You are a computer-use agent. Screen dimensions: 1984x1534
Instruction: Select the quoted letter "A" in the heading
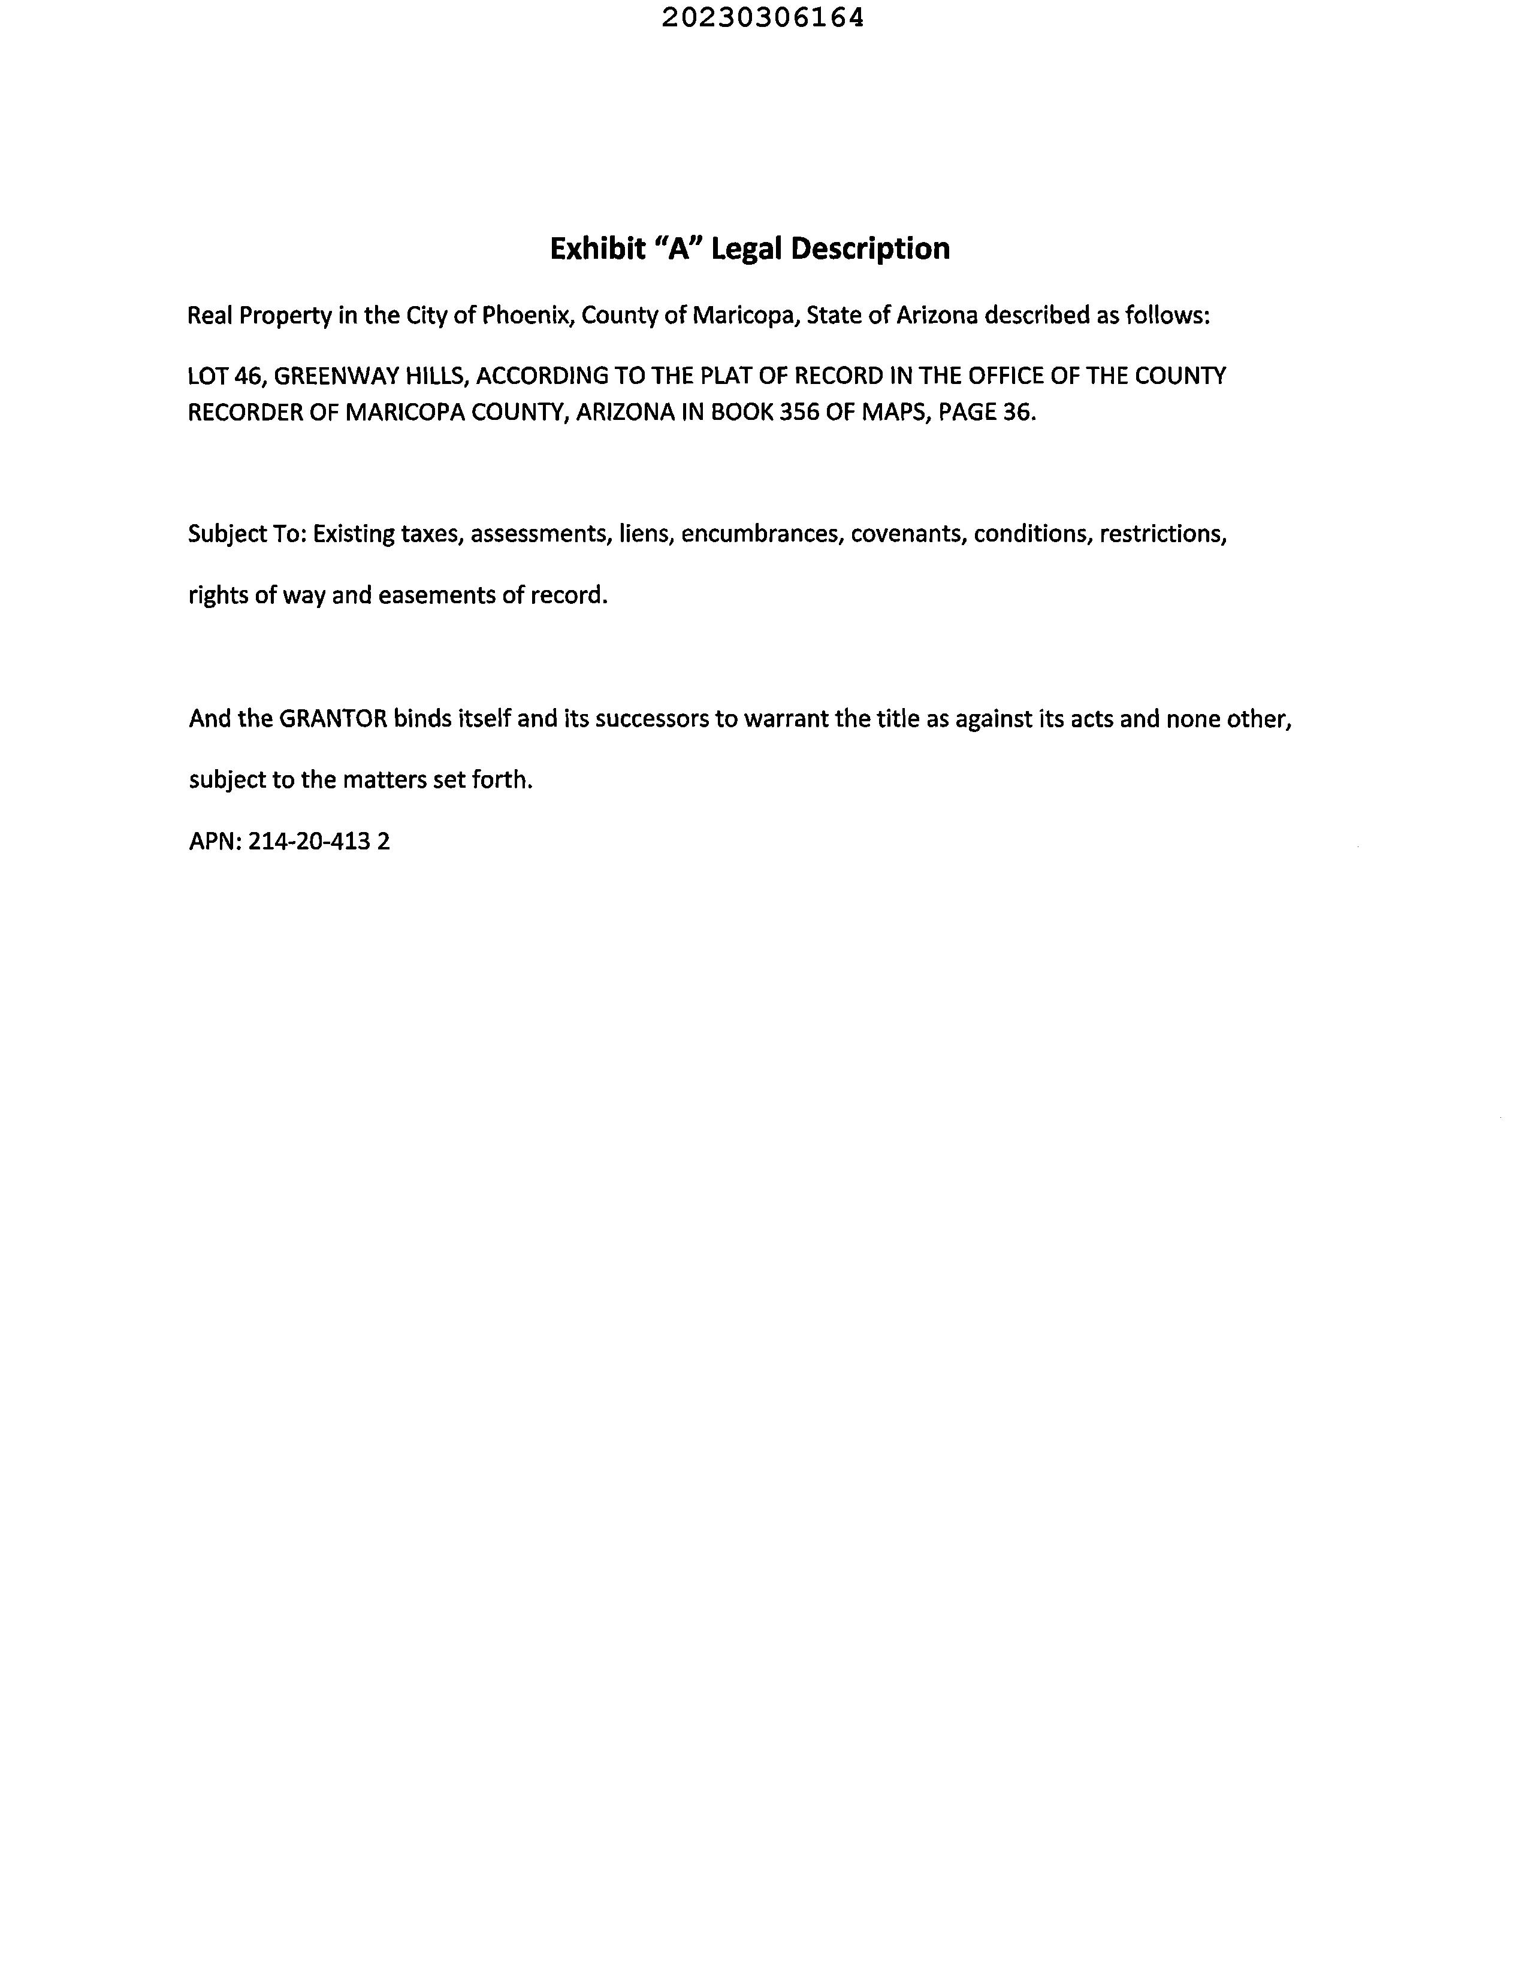point(677,248)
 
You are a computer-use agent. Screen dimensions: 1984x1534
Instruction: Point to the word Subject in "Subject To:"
point(224,534)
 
